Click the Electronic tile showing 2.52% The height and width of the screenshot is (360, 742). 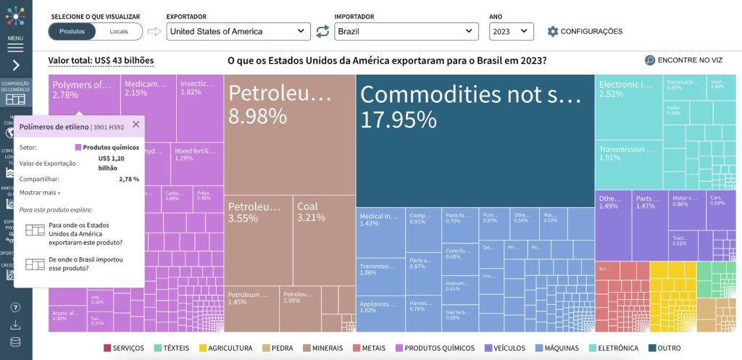(628, 109)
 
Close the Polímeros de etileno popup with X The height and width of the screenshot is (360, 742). (136, 125)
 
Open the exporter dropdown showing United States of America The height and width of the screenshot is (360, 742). (238, 31)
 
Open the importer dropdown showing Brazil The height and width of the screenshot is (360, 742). (406, 31)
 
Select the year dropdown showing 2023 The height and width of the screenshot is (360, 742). (511, 31)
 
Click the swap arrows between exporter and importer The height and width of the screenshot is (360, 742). (322, 31)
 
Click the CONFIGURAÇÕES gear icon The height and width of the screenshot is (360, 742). (553, 31)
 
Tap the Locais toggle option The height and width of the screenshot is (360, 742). (119, 31)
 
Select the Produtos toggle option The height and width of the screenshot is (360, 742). (72, 31)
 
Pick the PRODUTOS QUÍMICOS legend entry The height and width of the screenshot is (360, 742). (434, 348)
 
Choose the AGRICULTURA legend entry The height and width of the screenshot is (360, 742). (225, 348)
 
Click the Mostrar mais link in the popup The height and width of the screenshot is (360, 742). (40, 193)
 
